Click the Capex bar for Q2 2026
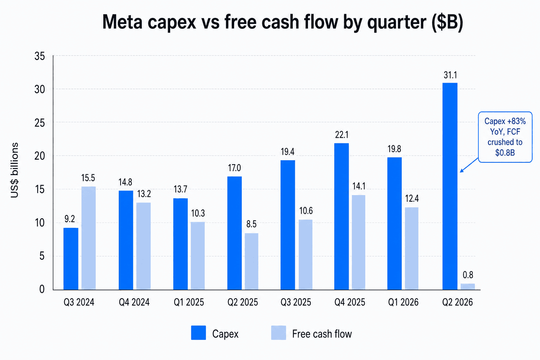pos(450,186)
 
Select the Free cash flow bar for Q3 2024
pos(89,238)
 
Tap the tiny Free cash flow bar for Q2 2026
pos(468,287)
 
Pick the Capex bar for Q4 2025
pos(341,216)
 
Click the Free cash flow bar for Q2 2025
pos(251,261)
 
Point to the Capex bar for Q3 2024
pos(71,259)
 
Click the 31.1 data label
pos(450,75)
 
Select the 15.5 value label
pos(88,178)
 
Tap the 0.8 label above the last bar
pos(468,275)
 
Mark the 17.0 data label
pos(234,168)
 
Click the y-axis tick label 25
pos(40,123)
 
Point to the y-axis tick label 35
pos(40,56)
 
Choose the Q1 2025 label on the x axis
pos(189,302)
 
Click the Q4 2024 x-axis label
pos(134,302)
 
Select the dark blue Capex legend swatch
pos(198,333)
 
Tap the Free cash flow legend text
pos(322,334)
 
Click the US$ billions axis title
pos(14,170)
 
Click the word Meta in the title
pos(122,22)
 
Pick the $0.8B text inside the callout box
pos(505,153)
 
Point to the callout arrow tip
pos(460,172)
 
